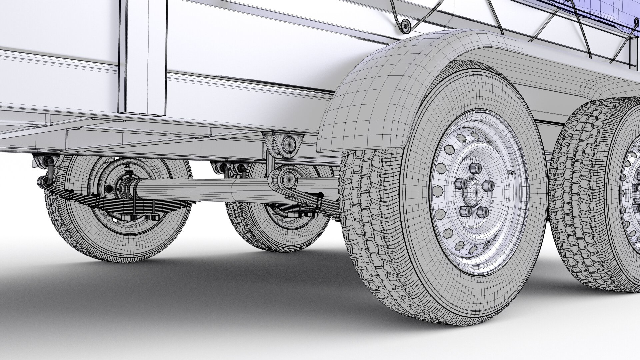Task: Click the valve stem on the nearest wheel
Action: coord(511,173)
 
